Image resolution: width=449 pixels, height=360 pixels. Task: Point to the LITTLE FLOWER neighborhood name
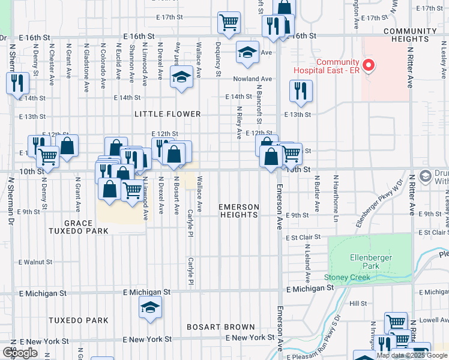point(167,114)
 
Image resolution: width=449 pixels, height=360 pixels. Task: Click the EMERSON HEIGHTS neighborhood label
point(239,211)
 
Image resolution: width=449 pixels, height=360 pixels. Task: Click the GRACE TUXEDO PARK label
point(86,227)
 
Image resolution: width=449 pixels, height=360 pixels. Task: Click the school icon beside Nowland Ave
point(181,77)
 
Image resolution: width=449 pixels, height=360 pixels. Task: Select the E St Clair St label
point(304,238)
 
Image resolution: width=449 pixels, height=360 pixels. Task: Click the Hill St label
point(358,304)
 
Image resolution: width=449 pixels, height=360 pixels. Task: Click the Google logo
point(20,352)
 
